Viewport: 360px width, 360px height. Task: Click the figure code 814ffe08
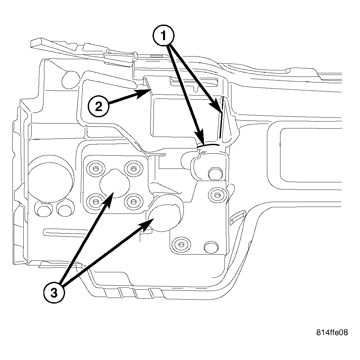tap(332, 332)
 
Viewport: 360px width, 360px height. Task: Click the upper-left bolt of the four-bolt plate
tap(95, 169)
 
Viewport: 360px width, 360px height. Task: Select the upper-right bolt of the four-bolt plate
tap(133, 169)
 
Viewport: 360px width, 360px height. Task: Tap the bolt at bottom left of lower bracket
tap(180, 244)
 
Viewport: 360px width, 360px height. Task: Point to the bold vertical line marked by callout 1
tap(221, 118)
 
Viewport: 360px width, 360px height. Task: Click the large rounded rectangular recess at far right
tap(309, 154)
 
